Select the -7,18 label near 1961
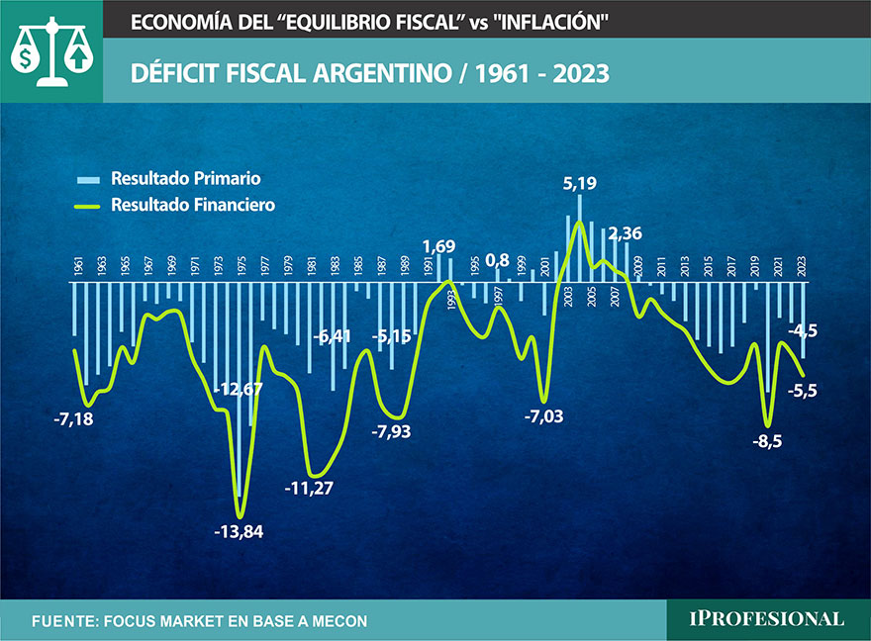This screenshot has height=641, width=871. click(x=74, y=419)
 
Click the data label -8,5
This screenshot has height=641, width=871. click(x=767, y=441)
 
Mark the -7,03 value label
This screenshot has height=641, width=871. click(x=542, y=415)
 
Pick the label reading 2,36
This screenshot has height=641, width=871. click(x=626, y=234)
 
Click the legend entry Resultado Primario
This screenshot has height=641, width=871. click(x=186, y=179)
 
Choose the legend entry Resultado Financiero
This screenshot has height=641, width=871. click(x=193, y=205)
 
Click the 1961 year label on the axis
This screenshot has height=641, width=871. click(x=78, y=266)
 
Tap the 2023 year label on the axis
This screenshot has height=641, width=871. click(x=802, y=266)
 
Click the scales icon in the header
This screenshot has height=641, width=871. click(x=50, y=50)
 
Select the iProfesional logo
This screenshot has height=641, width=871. click(x=767, y=619)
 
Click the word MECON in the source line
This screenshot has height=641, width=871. click(x=333, y=621)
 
